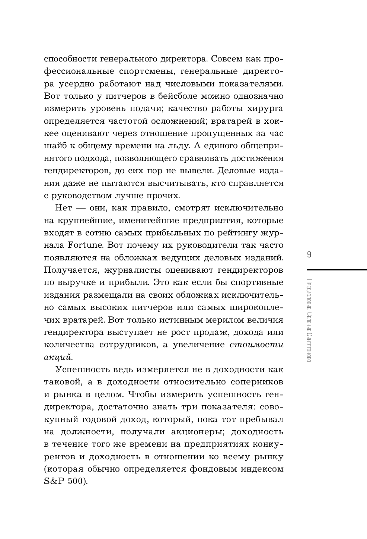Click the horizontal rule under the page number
(x=337, y=269)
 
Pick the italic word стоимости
(x=256, y=345)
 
